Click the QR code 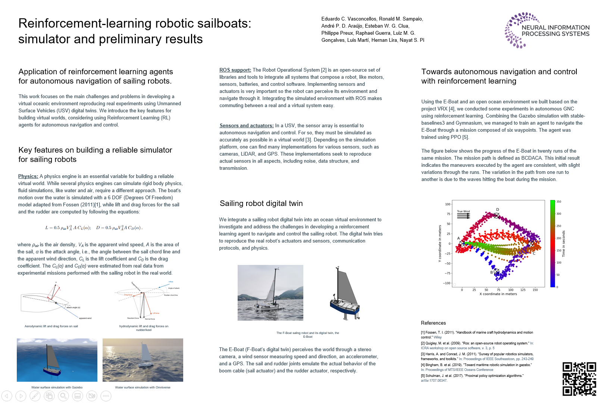coord(579,379)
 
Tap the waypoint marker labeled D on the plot coord(496,215)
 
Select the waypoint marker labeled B coord(496,272)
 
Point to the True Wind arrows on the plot coord(463,216)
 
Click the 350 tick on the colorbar coord(558,202)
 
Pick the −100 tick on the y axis coord(447,283)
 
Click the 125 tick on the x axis coord(523,290)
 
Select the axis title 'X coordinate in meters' coord(498,294)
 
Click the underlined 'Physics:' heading coord(28,176)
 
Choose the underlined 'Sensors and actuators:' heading coord(247,126)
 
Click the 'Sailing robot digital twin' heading coord(261,203)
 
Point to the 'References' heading coord(433,323)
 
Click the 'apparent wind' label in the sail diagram coord(85,318)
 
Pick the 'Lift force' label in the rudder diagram coord(156,313)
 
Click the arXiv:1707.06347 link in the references coord(434,381)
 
